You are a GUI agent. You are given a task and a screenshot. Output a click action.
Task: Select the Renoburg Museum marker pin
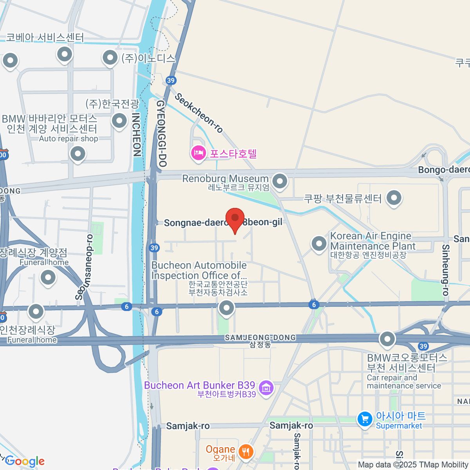click(280, 181)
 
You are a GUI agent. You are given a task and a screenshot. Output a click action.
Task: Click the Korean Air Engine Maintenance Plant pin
click(319, 243)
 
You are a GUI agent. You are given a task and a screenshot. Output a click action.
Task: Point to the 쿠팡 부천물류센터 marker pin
click(394, 198)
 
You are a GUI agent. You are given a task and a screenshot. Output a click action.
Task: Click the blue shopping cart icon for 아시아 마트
click(365, 419)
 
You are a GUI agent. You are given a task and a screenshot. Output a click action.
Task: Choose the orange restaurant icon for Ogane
click(246, 452)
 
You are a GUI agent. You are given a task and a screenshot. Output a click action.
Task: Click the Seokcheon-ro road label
click(199, 113)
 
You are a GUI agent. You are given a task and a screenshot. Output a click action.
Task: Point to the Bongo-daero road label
click(443, 170)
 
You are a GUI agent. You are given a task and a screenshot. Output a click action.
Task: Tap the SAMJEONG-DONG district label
click(260, 338)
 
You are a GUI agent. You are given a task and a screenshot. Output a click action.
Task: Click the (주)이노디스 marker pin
click(110, 58)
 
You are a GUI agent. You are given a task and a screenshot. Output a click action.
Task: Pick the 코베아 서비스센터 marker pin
click(65, 54)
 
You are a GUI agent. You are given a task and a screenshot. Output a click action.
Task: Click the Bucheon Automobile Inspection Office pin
click(226, 308)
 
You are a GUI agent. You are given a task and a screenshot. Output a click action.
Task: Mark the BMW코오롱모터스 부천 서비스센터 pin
click(387, 339)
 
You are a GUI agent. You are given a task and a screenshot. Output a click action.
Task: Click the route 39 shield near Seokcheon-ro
click(170, 81)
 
